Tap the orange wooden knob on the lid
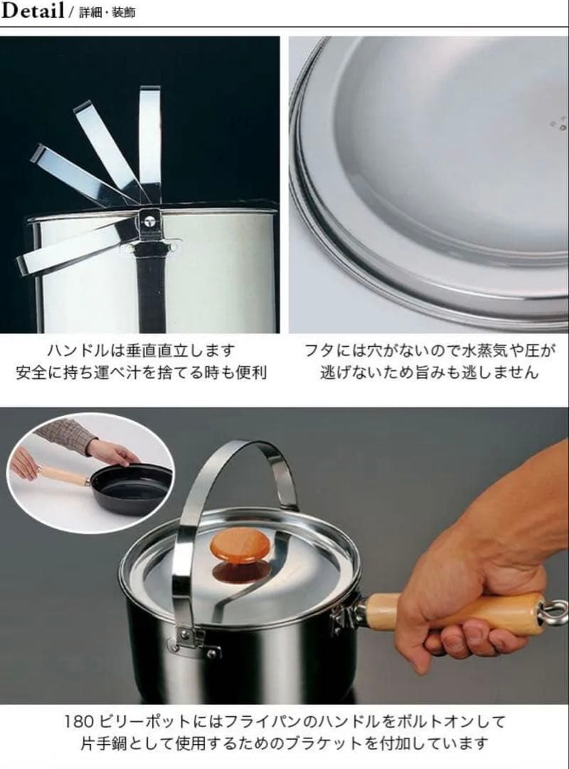pyautogui.click(x=242, y=549)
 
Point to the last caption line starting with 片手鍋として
pyautogui.click(x=284, y=743)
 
